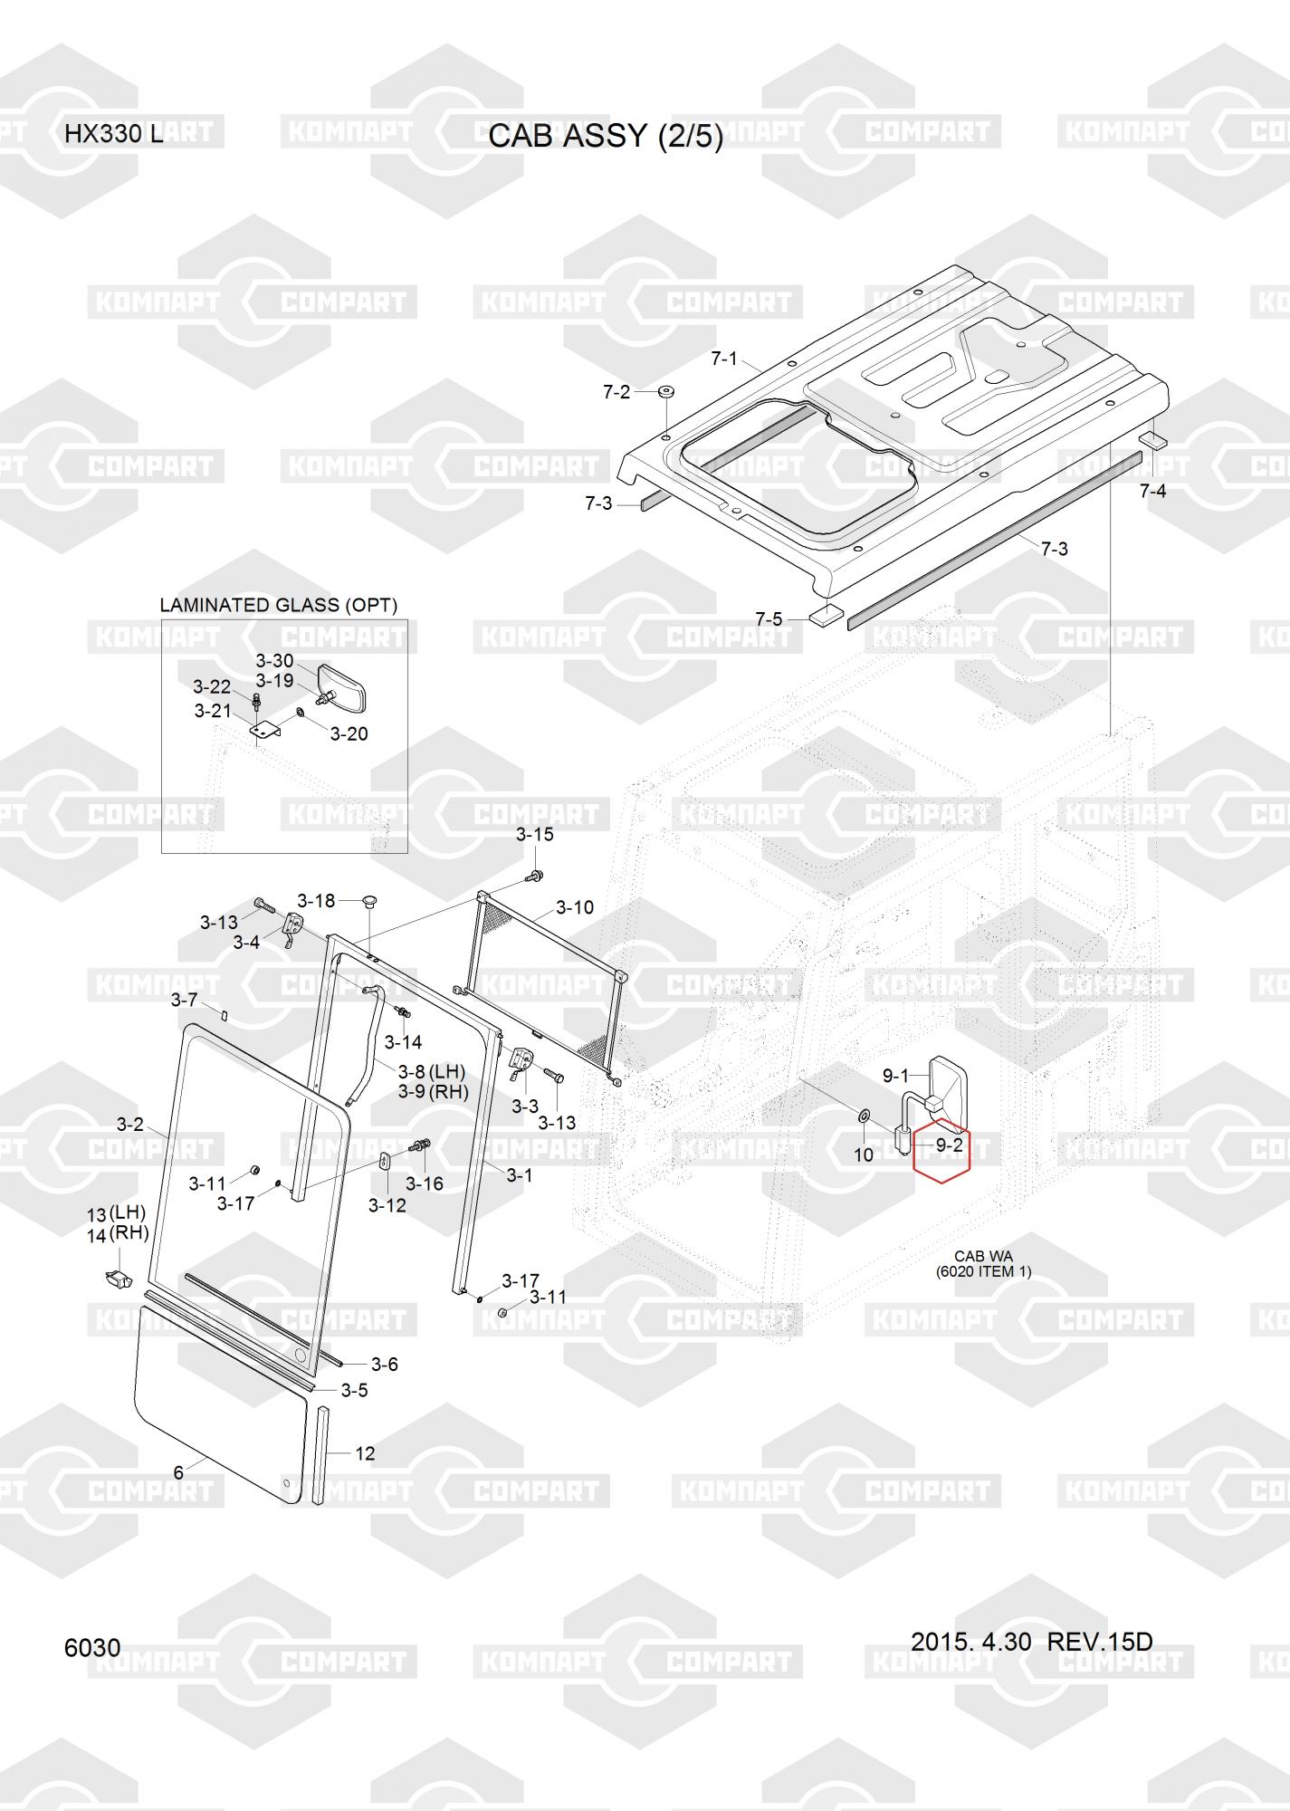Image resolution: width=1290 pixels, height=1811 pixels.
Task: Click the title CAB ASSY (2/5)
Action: click(x=606, y=136)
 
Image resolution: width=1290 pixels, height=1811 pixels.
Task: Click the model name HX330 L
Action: click(x=113, y=135)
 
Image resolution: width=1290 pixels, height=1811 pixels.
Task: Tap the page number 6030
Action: click(x=92, y=1647)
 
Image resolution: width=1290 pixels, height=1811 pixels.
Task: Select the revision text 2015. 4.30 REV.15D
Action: click(x=1031, y=1641)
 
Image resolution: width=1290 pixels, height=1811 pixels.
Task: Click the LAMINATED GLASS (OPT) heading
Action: click(x=278, y=605)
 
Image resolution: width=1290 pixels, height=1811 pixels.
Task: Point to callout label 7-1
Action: click(x=723, y=359)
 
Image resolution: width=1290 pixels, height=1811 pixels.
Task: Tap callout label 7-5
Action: click(x=769, y=619)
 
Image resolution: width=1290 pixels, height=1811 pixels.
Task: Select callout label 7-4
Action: click(x=1152, y=491)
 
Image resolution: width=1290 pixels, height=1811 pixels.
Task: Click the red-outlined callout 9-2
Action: click(x=948, y=1145)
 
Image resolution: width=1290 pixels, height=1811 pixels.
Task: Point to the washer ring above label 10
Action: click(x=863, y=1113)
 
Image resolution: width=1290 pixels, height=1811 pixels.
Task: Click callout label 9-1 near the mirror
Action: click(x=895, y=1076)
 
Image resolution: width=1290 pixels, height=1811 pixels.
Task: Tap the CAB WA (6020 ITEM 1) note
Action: click(x=983, y=1263)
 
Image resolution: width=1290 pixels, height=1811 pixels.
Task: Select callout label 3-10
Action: click(x=575, y=907)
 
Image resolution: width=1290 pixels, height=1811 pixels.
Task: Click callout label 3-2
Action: click(x=130, y=1124)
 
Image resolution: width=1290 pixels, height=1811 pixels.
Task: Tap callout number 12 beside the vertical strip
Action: click(x=364, y=1453)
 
